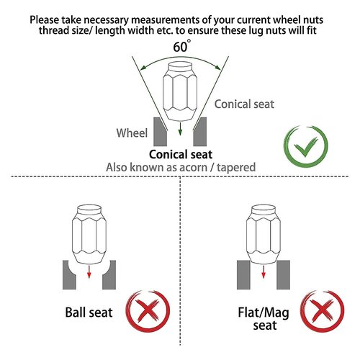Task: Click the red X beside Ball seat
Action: click(x=148, y=311)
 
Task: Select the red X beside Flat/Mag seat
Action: click(x=322, y=311)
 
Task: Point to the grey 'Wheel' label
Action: click(x=132, y=133)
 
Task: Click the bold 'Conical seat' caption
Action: click(x=181, y=155)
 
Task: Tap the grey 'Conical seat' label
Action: click(x=244, y=104)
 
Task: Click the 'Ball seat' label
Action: click(x=89, y=312)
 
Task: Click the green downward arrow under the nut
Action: click(x=180, y=129)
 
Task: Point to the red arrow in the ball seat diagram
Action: click(x=89, y=271)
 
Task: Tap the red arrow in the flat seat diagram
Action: click(x=264, y=271)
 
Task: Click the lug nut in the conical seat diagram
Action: click(x=180, y=91)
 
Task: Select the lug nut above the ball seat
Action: click(x=89, y=234)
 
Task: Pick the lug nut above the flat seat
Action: click(x=264, y=234)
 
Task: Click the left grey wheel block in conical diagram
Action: click(x=159, y=132)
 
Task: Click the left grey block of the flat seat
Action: click(x=243, y=275)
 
